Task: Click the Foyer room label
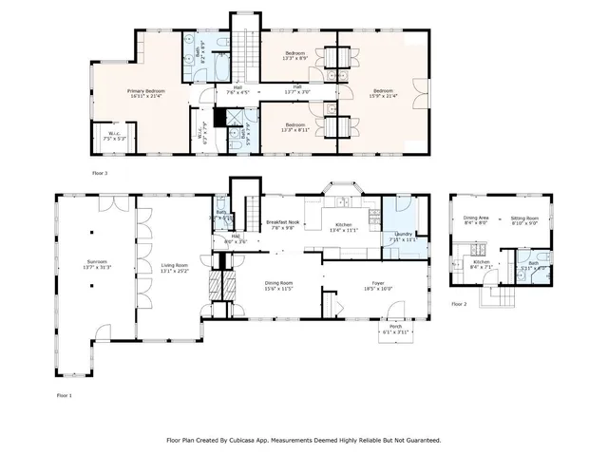tap(378, 282)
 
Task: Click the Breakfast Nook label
tap(282, 221)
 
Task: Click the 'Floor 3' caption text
tap(100, 173)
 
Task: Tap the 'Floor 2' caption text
tap(459, 304)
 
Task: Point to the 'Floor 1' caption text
tap(64, 393)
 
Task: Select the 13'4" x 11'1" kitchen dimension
tap(343, 230)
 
